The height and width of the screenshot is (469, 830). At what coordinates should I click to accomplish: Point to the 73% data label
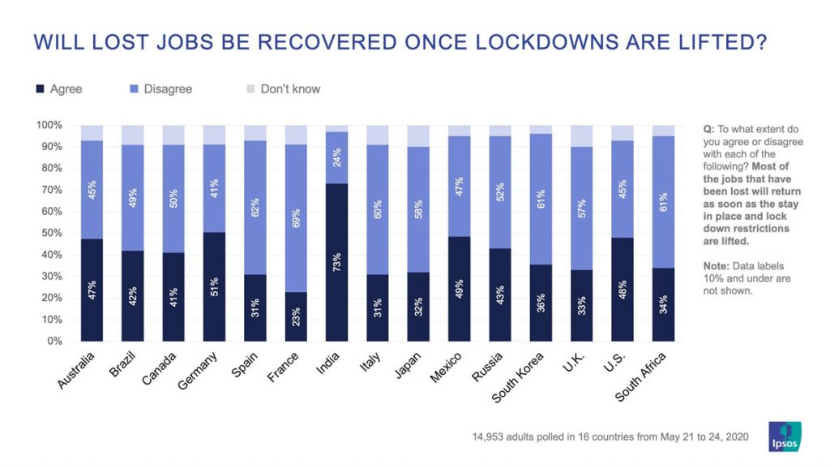tap(336, 262)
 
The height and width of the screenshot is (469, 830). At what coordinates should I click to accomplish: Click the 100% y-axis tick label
tap(48, 125)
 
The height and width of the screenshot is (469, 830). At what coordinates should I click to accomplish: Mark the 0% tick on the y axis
tap(53, 341)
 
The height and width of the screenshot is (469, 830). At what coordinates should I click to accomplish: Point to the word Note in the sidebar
tap(717, 265)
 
